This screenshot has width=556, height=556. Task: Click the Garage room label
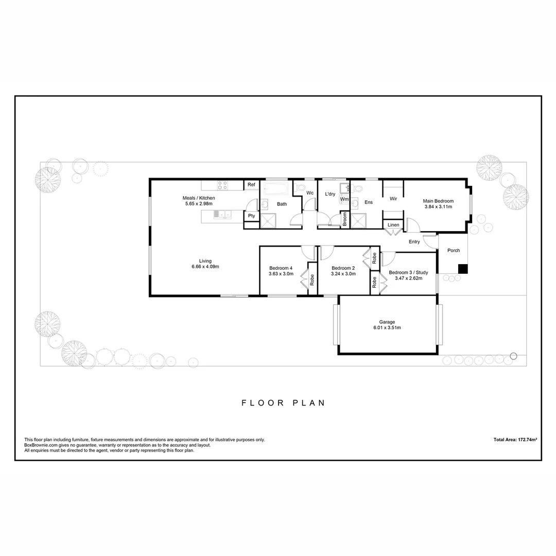387,322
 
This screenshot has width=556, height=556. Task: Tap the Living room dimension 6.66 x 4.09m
205,267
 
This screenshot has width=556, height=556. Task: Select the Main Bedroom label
438,201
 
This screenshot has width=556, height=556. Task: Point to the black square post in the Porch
463,269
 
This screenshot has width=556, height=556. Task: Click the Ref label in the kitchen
251,184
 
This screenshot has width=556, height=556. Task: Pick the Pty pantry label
251,216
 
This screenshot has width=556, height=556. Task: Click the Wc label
310,193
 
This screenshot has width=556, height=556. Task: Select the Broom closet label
344,220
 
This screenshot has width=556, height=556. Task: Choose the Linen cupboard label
393,225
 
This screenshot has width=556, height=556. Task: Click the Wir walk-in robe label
393,198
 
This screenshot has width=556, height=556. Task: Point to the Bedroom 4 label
281,268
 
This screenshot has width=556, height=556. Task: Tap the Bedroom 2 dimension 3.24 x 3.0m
343,274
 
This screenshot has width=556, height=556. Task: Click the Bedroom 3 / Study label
408,272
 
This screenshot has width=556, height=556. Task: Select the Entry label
414,241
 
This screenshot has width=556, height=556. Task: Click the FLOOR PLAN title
283,403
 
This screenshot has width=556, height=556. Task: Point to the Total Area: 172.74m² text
515,440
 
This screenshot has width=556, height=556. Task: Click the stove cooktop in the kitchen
222,185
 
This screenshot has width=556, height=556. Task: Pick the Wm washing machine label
344,199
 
